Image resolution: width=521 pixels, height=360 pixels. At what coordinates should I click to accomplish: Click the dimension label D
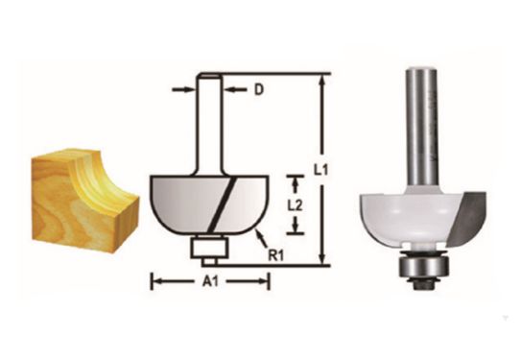point(258,91)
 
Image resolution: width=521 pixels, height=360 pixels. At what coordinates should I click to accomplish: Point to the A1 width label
point(208,282)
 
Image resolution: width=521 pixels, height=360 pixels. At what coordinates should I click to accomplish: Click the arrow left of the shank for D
point(182,91)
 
